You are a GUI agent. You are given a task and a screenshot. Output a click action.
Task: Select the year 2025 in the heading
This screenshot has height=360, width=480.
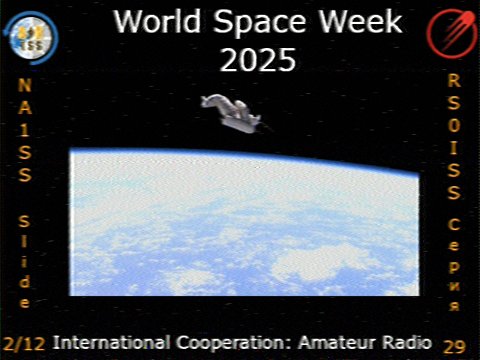pyautogui.click(x=258, y=60)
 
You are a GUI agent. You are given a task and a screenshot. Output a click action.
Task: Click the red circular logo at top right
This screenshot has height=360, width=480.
pyautogui.click(x=449, y=33)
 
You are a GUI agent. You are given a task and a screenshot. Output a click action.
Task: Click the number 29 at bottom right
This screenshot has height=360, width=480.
pyautogui.click(x=454, y=346)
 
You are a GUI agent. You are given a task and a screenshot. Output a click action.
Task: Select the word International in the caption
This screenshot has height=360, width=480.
pyautogui.click(x=103, y=341)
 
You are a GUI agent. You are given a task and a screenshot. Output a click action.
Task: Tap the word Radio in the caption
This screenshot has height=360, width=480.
pyautogui.click(x=401, y=341)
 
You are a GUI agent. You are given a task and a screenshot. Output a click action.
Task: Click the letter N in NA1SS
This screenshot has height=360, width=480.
pyautogui.click(x=24, y=85)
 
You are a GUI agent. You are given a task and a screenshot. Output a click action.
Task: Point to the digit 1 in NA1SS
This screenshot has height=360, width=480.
pyautogui.click(x=24, y=129)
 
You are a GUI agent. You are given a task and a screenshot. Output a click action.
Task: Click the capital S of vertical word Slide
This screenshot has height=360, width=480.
pyautogui.click(x=24, y=220)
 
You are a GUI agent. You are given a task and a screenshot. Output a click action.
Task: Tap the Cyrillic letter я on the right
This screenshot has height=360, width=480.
pyautogui.click(x=454, y=304)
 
